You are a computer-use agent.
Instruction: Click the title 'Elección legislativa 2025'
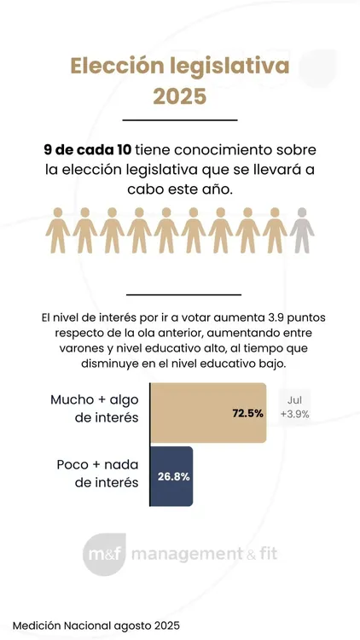[179, 80]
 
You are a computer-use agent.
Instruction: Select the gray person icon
[301, 230]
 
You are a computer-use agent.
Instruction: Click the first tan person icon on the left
[57, 230]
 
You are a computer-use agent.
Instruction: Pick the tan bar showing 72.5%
[207, 413]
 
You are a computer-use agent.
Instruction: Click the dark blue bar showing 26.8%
[171, 476]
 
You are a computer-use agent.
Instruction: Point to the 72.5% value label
[247, 414]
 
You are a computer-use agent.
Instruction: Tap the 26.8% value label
[173, 477]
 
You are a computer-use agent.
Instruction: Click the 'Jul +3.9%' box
[293, 406]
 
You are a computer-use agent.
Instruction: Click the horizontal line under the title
[179, 120]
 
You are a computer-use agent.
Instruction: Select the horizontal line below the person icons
[179, 294]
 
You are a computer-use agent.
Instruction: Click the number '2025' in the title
[179, 96]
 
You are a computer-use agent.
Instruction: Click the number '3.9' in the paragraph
[264, 317]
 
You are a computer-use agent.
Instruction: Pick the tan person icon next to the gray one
[274, 230]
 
